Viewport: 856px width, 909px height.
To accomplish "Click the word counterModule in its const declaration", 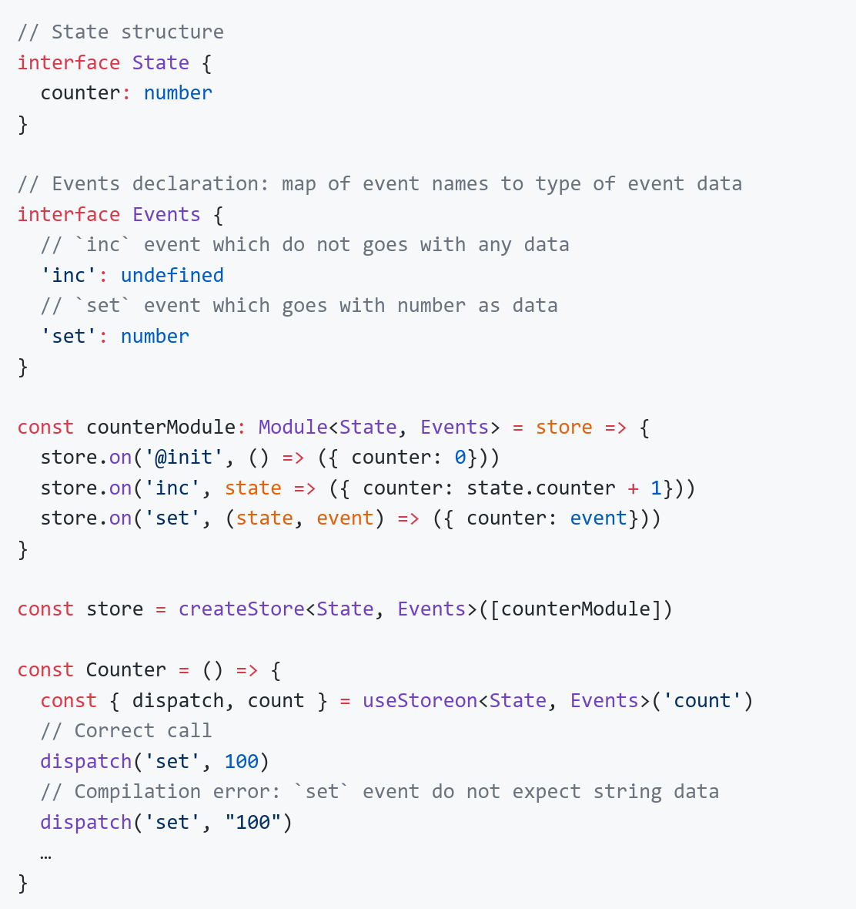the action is pos(160,427).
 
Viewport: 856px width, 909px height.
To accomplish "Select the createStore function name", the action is pos(241,609).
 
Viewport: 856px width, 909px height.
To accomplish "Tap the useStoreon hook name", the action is pos(420,700).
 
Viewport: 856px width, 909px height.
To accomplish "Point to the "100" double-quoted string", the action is pos(252,822).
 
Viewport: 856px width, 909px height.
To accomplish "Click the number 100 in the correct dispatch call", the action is pos(241,761).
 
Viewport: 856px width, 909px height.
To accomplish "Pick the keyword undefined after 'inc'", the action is pos(172,275).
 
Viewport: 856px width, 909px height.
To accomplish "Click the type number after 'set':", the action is pos(155,336).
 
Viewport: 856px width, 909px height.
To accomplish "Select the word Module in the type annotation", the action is pos(293,427).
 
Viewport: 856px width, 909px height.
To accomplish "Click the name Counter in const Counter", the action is pos(125,669).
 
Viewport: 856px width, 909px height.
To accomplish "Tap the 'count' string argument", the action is pos(702,700).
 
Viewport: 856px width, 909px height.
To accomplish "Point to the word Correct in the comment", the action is pos(114,730).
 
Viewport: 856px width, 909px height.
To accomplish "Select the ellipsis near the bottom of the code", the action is pos(46,853).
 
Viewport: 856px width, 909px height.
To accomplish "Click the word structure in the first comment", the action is pos(172,32).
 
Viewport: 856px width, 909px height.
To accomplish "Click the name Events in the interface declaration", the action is pos(166,214).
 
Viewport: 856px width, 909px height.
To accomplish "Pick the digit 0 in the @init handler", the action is pos(460,458).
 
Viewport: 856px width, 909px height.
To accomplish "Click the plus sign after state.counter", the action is pos(633,488).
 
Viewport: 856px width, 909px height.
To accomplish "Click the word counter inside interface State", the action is pos(80,92).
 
